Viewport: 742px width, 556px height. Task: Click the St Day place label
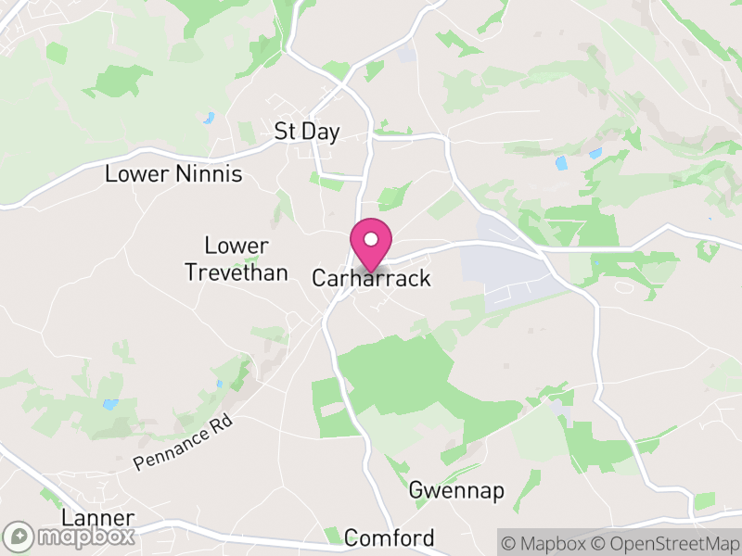pyautogui.click(x=307, y=132)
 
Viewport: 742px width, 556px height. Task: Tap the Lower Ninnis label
pyautogui.click(x=173, y=173)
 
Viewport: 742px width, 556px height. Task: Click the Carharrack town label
pyautogui.click(x=371, y=278)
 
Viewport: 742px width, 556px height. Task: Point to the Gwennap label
pyautogui.click(x=456, y=491)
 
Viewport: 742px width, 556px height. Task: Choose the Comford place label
pyautogui.click(x=389, y=538)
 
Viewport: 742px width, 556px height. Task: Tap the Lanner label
pyautogui.click(x=97, y=518)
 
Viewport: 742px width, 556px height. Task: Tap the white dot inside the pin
pyautogui.click(x=371, y=239)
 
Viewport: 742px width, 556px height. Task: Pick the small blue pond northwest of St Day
pyautogui.click(x=210, y=118)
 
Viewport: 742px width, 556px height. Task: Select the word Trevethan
pyautogui.click(x=236, y=272)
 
